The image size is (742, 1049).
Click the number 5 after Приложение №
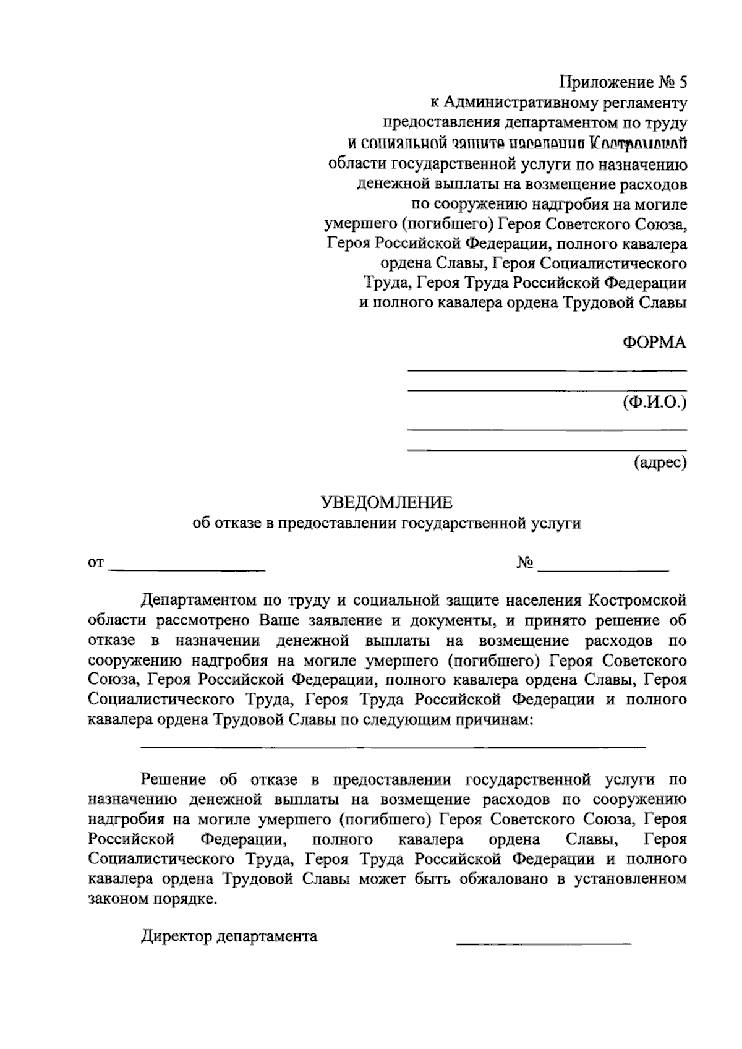pyautogui.click(x=682, y=82)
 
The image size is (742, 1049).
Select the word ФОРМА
pyautogui.click(x=654, y=343)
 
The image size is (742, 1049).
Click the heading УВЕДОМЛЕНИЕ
pyautogui.click(x=386, y=502)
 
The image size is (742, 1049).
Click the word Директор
pyautogui.click(x=177, y=936)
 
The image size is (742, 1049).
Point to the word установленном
pyautogui.click(x=630, y=879)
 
